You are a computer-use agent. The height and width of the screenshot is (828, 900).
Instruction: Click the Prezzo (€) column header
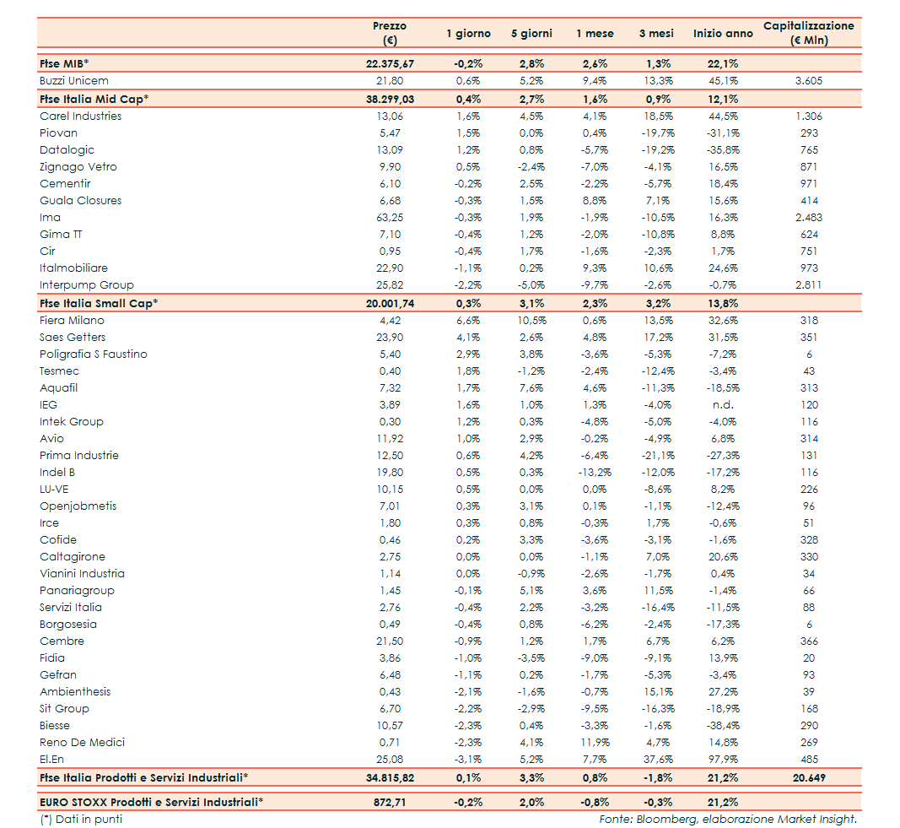389,33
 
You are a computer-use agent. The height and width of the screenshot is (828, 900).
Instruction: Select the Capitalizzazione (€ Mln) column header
808,33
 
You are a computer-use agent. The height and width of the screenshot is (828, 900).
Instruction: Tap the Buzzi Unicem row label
74,81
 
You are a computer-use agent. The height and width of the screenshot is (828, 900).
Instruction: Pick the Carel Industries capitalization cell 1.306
808,116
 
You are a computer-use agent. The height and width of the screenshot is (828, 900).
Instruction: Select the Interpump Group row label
87,285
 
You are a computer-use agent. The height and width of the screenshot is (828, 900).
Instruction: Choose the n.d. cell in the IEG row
725,405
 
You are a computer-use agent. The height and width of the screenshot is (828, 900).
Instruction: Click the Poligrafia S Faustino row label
94,354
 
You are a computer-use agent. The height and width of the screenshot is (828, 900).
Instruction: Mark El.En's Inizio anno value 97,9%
725,760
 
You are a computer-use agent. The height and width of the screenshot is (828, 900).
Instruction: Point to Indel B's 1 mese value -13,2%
595,473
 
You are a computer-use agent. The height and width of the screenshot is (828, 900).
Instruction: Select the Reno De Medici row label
83,743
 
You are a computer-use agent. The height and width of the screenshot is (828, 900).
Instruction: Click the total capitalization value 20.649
808,777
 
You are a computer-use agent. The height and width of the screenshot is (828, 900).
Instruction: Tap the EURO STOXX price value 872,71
389,802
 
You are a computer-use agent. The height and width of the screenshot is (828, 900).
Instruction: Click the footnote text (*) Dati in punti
81,819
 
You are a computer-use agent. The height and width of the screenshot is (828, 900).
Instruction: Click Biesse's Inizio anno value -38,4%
725,726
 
